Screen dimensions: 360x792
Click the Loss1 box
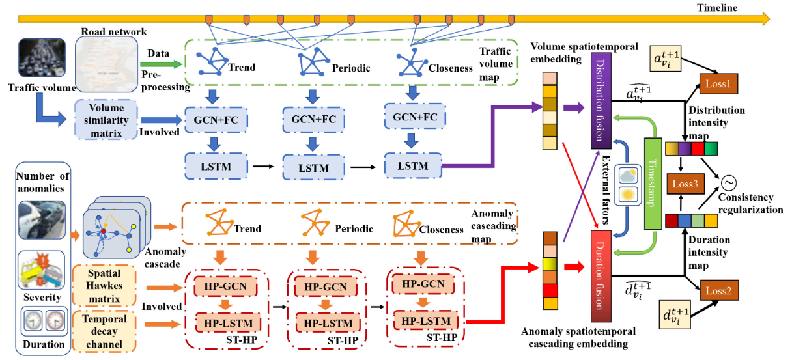pyautogui.click(x=720, y=83)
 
